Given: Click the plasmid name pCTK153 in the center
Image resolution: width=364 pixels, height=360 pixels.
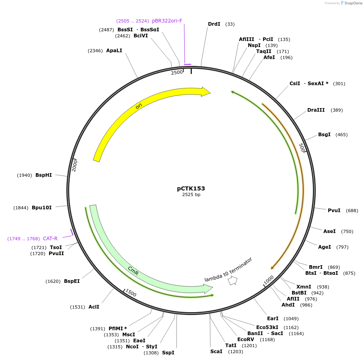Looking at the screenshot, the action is point(191,188).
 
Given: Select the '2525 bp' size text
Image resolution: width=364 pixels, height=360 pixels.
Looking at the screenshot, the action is point(191,195).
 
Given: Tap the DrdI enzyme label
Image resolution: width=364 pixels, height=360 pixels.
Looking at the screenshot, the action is point(214,24).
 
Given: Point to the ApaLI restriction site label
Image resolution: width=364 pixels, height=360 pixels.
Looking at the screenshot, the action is point(114,51).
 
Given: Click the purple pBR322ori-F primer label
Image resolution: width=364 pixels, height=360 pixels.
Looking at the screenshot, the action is point(167,20).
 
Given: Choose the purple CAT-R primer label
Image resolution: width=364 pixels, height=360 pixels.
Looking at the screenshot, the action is point(50,239).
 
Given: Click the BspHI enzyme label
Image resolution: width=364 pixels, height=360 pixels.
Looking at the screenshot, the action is point(43,175).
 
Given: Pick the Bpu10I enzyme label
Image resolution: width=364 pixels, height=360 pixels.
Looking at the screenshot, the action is point(42,208).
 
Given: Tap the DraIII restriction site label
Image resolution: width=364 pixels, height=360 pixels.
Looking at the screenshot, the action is point(316,110).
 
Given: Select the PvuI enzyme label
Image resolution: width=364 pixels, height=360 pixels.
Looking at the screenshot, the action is point(334,211).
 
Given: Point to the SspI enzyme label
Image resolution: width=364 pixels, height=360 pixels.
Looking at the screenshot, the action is point(168,353).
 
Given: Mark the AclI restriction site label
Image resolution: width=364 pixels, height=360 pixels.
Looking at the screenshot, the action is point(94,307).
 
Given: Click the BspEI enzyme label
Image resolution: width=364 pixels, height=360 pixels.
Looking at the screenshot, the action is point(72,281).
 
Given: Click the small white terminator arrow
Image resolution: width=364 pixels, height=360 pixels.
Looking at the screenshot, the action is point(232,281).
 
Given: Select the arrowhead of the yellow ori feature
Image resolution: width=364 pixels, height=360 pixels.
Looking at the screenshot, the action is point(206,92).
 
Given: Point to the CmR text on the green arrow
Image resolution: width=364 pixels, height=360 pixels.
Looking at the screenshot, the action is point(133,270).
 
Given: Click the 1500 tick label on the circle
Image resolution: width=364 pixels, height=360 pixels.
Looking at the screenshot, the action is point(131,293).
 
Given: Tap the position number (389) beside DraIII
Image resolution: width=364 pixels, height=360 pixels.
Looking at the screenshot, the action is point(337,110).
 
